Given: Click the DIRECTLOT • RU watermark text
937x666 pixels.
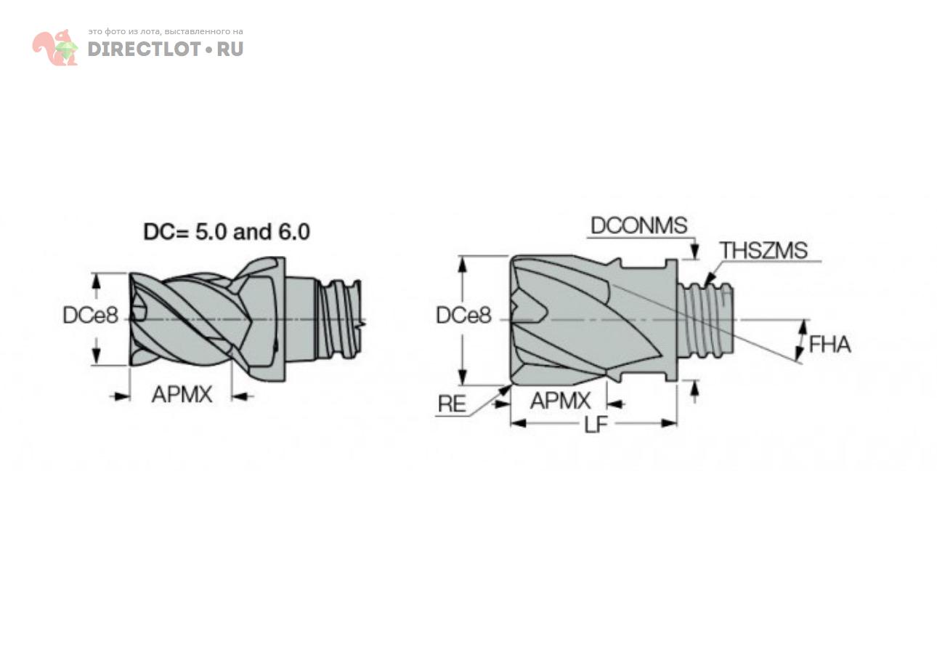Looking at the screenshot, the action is click(165, 49).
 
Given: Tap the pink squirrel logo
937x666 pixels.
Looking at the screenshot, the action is click(55, 48).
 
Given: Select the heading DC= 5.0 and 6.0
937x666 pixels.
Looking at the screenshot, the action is click(227, 232).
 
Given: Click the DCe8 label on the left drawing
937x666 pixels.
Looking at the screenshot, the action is click(90, 316).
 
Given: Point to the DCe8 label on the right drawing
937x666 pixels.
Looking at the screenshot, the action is click(463, 316).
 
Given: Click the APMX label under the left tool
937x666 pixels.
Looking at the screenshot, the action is click(182, 394).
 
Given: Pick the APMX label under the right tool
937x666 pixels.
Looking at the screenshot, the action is click(561, 401).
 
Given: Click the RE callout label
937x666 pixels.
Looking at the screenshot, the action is click(452, 404).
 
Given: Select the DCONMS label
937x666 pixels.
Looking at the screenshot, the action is click(638, 225).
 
